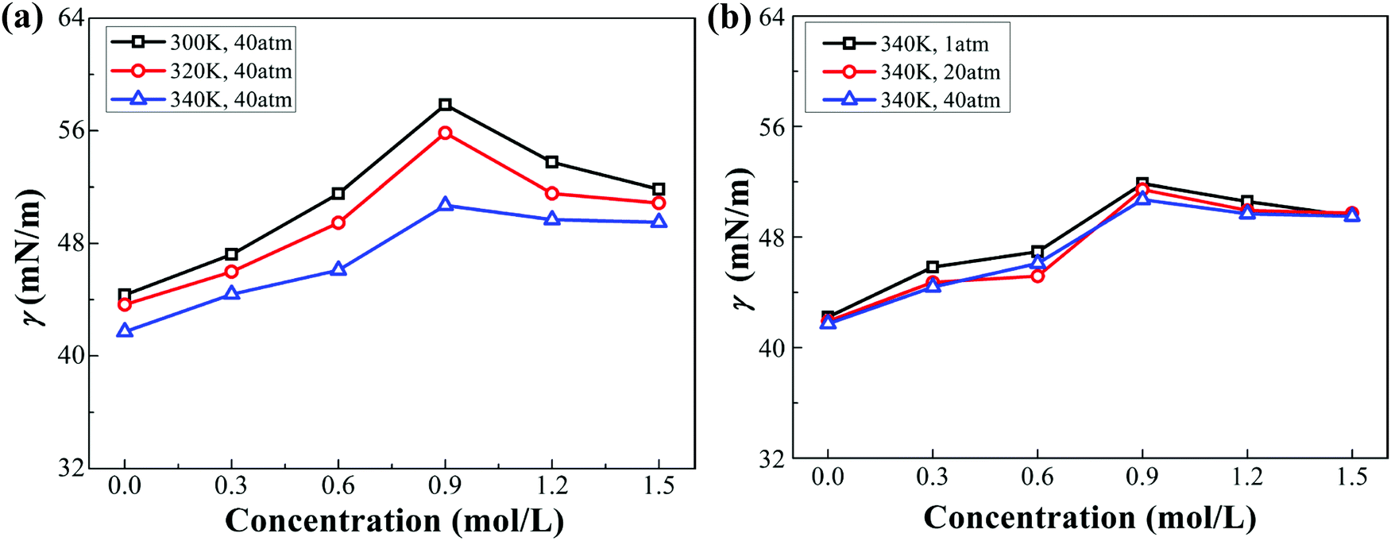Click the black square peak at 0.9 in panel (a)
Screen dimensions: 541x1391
(445, 105)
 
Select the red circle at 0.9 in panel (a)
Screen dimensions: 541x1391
(445, 133)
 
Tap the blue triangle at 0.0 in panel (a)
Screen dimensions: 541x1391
(124, 330)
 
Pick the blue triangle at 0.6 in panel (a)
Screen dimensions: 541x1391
(338, 269)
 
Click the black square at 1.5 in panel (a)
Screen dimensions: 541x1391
(659, 189)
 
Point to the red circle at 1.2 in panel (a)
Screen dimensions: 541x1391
(552, 193)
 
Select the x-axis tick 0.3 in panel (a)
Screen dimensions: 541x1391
(231, 485)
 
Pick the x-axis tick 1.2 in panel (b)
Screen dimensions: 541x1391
(1247, 476)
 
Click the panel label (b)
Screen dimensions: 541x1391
(728, 18)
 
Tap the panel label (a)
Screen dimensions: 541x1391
(21, 18)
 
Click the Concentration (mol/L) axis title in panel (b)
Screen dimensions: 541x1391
(1089, 518)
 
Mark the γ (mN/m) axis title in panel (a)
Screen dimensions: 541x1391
(33, 258)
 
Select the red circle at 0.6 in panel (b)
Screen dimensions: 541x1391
(1037, 276)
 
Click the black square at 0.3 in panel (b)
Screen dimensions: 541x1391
(933, 267)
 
